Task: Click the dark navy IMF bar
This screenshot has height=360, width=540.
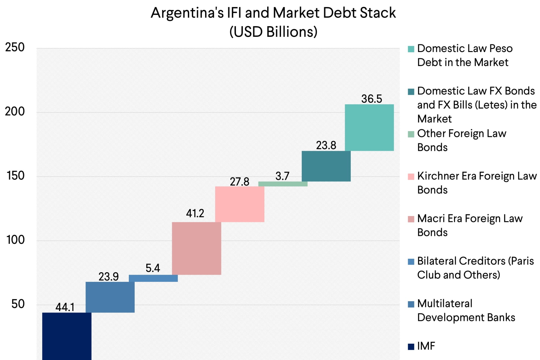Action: (67, 336)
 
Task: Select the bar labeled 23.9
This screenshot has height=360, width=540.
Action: (110, 297)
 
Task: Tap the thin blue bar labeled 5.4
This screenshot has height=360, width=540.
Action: (153, 278)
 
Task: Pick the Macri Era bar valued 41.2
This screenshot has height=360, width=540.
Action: (196, 248)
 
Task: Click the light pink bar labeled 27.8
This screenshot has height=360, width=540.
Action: (240, 204)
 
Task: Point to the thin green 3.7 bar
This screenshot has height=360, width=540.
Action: (283, 184)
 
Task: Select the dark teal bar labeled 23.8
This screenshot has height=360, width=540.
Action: (326, 166)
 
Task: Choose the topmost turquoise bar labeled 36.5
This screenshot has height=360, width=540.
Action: (369, 128)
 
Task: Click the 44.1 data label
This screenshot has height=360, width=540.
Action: (65, 307)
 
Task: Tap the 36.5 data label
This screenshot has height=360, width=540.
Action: (372, 99)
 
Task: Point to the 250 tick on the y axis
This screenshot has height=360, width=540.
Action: (15, 47)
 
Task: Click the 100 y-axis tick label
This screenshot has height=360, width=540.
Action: (15, 240)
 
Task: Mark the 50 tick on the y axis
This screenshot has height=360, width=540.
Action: (18, 304)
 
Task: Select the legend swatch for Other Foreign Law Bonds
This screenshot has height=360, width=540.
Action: (411, 134)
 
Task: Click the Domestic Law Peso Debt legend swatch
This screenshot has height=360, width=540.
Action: (411, 49)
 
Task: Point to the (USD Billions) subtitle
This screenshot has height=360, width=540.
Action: (273, 32)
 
